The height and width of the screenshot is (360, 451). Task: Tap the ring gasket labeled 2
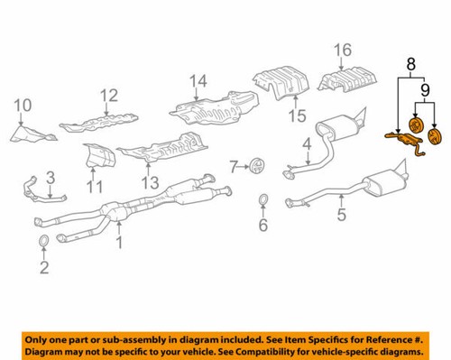(42, 241)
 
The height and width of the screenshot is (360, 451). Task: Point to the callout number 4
(306, 143)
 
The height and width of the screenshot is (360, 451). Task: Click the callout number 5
(341, 215)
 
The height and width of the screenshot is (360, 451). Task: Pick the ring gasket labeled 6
(262, 200)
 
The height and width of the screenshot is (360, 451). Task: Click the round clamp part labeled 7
(258, 166)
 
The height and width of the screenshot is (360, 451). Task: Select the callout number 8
(410, 64)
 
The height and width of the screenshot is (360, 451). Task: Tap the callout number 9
(426, 91)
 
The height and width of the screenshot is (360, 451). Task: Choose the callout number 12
(109, 96)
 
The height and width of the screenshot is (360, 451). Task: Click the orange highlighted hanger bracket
(404, 138)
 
